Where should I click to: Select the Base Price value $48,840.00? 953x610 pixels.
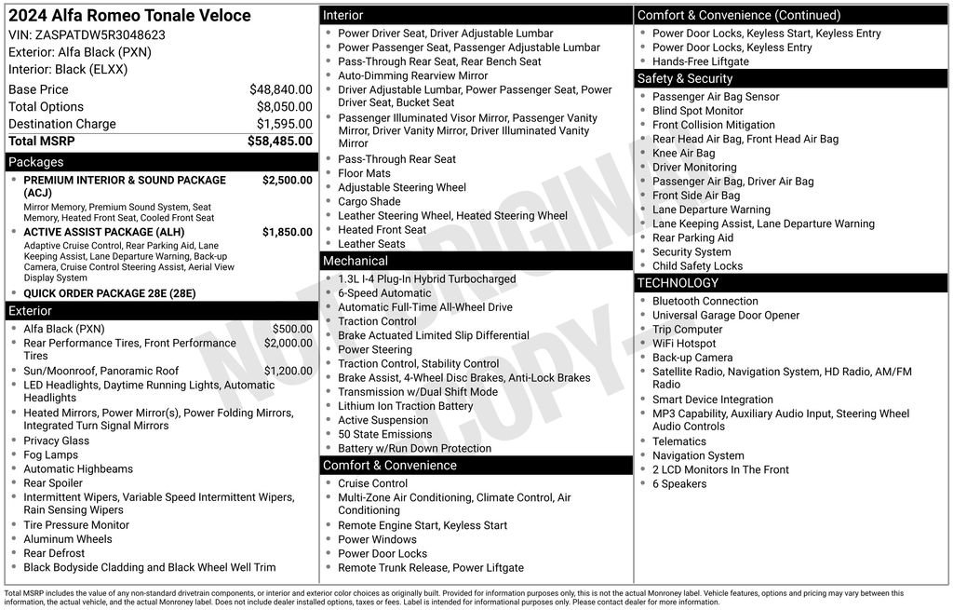[x=280, y=90]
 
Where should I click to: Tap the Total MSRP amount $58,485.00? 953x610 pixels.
[x=279, y=142]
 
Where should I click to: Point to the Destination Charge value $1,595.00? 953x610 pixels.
[x=284, y=124]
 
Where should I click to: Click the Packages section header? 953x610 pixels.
[x=36, y=162]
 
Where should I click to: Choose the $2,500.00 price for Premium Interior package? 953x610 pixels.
[x=287, y=181]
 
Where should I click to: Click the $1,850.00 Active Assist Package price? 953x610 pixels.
[x=287, y=233]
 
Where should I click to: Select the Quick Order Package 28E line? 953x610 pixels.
[x=110, y=293]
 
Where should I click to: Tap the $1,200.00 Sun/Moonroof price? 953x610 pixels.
[x=288, y=372]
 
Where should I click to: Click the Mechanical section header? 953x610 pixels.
[x=356, y=262]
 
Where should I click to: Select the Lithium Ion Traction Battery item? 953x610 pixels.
[x=405, y=406]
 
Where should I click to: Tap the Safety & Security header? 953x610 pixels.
[x=685, y=79]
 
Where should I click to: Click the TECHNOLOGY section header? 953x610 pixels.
[x=678, y=283]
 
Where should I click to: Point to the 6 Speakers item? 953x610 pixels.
[x=679, y=484]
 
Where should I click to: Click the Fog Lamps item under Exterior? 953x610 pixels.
[x=50, y=455]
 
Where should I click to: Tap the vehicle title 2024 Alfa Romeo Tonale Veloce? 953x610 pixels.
[x=129, y=16]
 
